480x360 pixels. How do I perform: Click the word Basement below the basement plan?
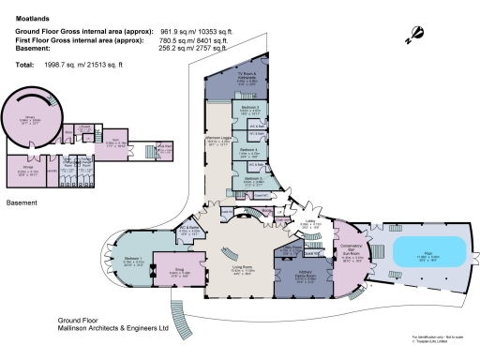coord(22,202)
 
